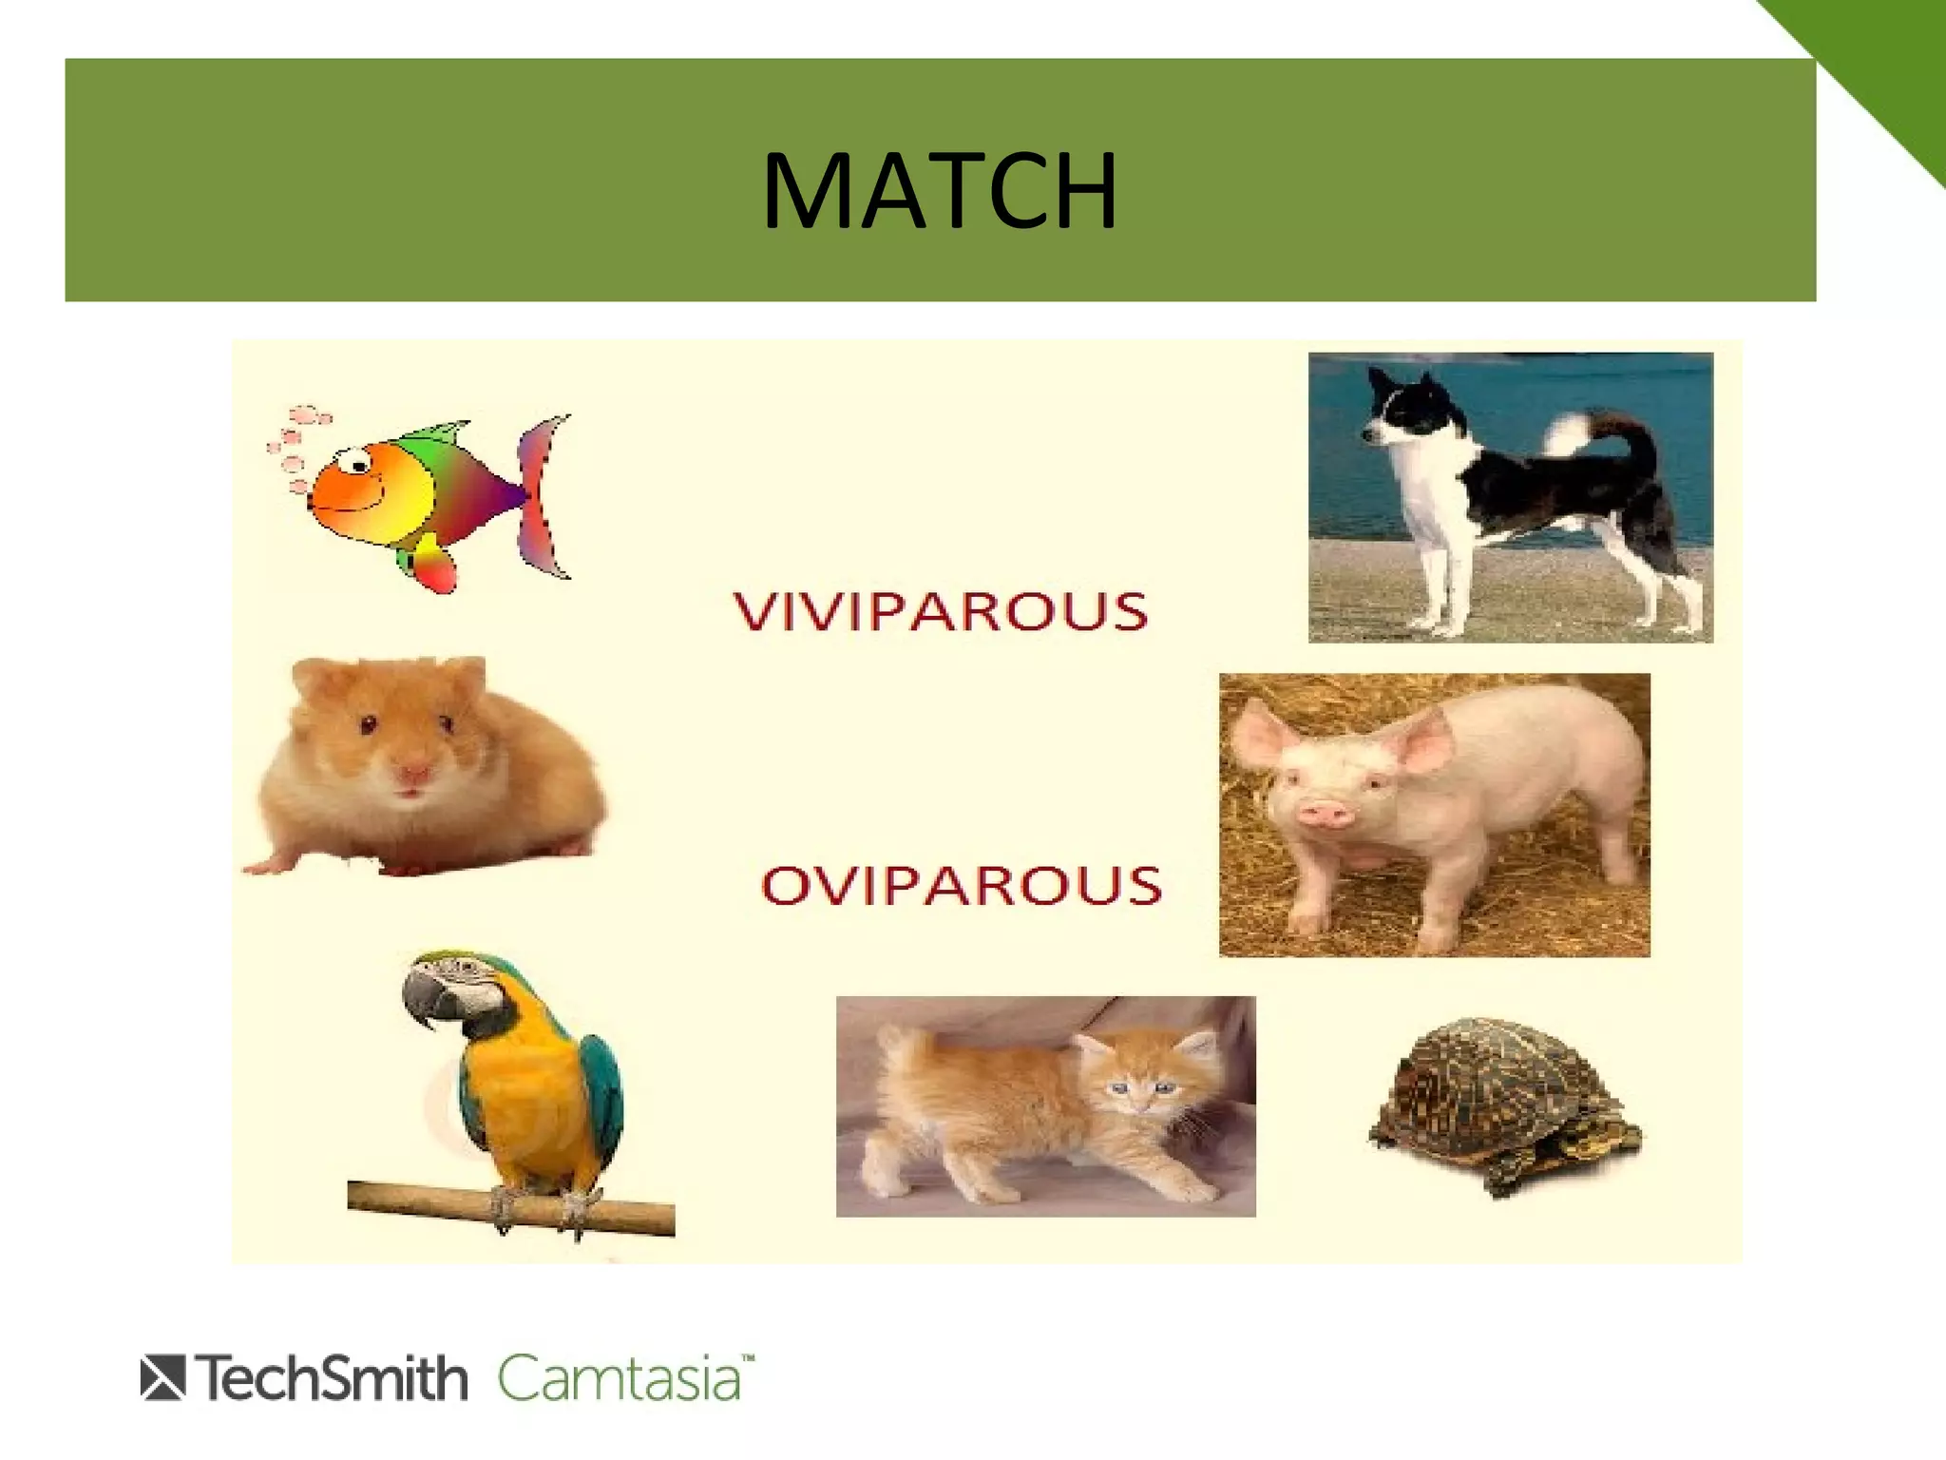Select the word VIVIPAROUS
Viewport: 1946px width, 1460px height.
[941, 610]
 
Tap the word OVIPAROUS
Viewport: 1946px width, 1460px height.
[962, 885]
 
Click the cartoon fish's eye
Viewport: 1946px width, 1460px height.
[359, 462]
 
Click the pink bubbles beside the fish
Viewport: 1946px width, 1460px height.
[295, 447]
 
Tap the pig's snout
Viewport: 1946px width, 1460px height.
[1323, 813]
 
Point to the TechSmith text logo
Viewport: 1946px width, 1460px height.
[333, 1378]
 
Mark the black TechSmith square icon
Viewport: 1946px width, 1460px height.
[162, 1379]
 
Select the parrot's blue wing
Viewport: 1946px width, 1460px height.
[599, 1093]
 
